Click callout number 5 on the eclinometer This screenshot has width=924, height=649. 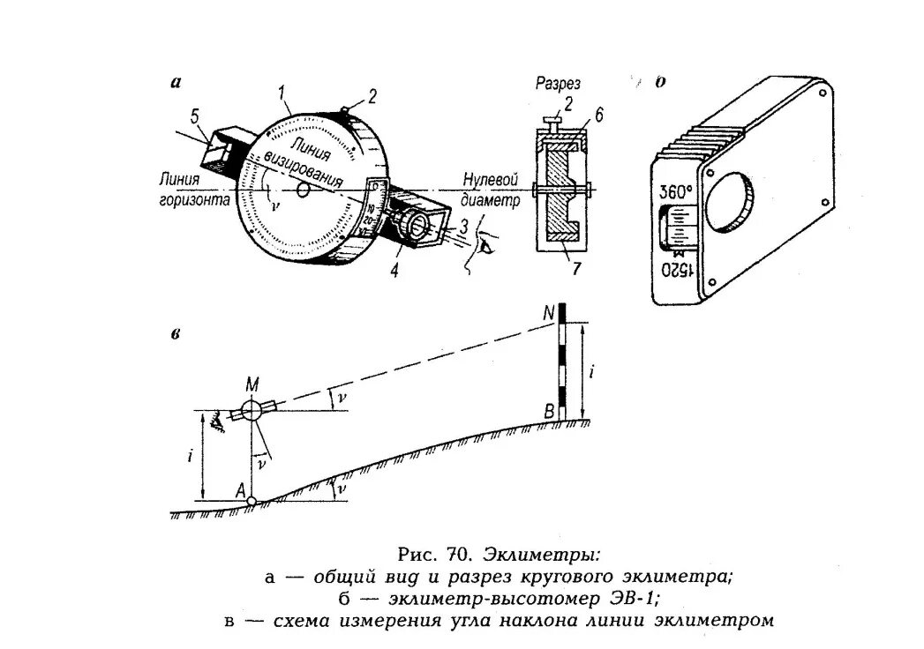point(195,116)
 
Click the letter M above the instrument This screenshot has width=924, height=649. point(252,384)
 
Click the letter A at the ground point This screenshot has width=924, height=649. point(238,491)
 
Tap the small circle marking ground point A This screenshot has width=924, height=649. point(252,501)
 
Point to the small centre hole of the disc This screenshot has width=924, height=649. point(303,190)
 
